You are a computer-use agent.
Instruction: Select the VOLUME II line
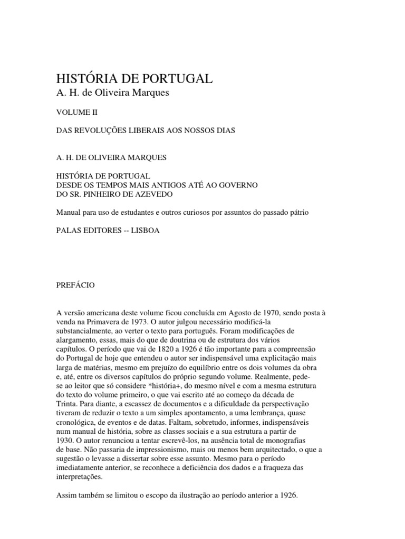(x=76, y=112)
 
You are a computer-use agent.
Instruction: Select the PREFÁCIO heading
(x=75, y=284)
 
